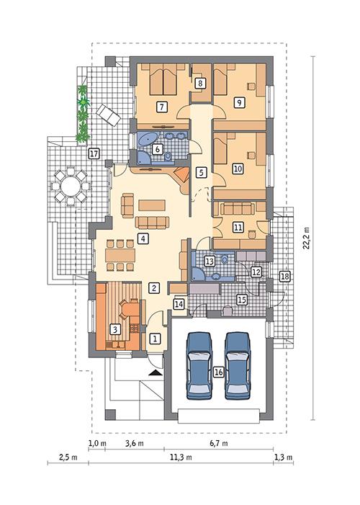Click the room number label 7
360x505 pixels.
[x=163, y=107]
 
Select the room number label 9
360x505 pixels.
[x=239, y=103]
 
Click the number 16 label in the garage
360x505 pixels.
[x=219, y=372]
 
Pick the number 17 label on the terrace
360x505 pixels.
[x=93, y=154]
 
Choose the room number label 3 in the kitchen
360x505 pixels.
[x=114, y=329]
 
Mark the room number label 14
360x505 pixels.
[x=179, y=305]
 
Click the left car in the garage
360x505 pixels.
[x=198, y=365]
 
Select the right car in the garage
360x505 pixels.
[x=238, y=365]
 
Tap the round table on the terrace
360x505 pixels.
[x=71, y=186]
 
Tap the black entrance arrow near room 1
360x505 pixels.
[x=153, y=372]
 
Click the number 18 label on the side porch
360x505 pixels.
[x=284, y=277]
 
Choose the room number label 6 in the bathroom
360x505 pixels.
[x=158, y=150]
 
